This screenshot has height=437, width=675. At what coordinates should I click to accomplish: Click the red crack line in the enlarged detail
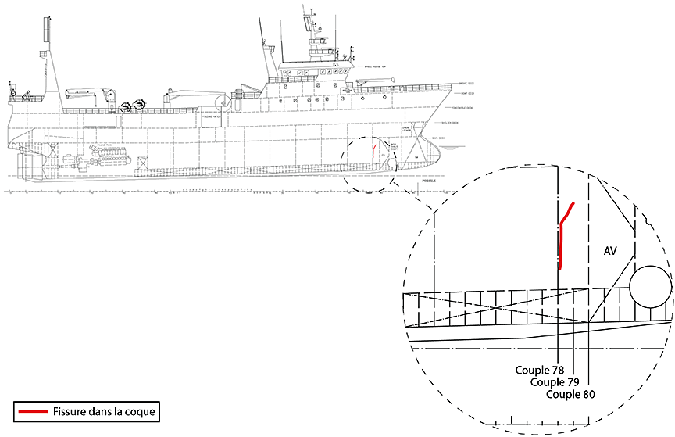pos(561,235)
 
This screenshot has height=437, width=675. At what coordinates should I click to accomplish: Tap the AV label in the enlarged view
pos(612,251)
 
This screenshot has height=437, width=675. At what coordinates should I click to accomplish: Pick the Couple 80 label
pos(571,395)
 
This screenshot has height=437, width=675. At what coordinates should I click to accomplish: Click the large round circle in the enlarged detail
pos(649,287)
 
